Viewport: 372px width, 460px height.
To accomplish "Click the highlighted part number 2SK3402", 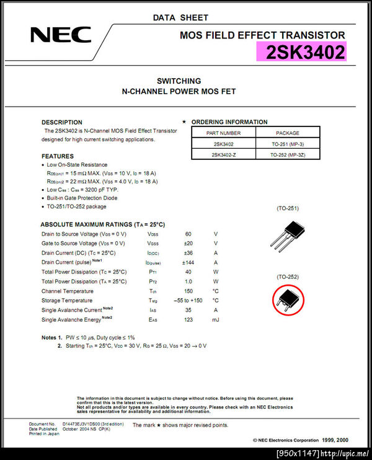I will coord(305,53).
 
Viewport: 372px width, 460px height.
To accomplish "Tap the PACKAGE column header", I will coord(287,133).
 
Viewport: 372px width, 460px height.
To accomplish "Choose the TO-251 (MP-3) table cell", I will coord(287,144).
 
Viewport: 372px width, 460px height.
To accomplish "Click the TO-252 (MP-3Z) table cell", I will coord(287,155).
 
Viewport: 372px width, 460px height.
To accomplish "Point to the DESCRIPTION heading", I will coord(62,122).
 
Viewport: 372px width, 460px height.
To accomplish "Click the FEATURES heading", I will coord(58,156).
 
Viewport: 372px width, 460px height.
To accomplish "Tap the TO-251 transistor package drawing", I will coord(286,239).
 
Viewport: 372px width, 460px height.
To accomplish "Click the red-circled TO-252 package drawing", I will coord(288,299).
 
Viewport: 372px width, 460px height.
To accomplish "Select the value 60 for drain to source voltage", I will coord(188,234).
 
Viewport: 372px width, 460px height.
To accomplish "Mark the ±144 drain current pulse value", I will coord(188,262).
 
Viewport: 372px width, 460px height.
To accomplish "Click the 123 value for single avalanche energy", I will coord(188,319).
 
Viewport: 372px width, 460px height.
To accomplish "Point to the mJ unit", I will coord(215,319).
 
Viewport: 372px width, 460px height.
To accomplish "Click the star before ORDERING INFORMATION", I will coord(184,122).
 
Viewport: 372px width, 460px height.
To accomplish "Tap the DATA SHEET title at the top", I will coord(180,17).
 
